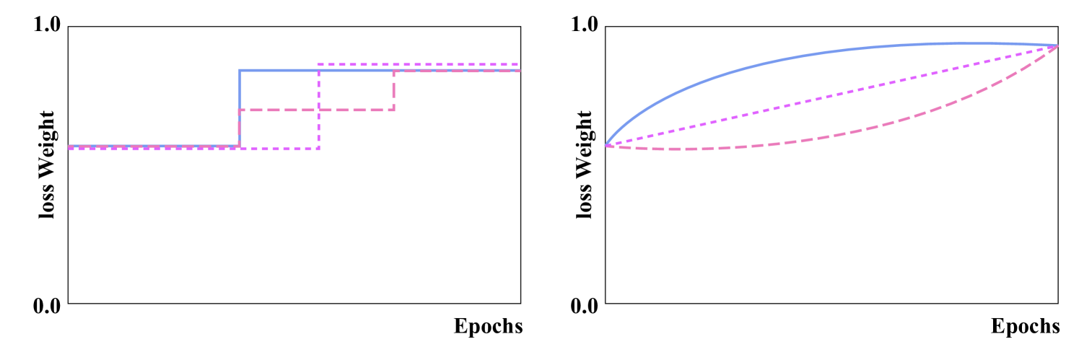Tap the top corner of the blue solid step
(x=240, y=70)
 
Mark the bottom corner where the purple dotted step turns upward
(x=318, y=149)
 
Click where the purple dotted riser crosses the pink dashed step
(x=318, y=110)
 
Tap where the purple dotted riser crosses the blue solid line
(x=318, y=70)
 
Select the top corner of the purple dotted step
(x=318, y=65)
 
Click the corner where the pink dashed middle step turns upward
(x=393, y=110)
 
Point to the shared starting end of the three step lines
(x=70, y=147)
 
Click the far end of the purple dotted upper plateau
(x=517, y=65)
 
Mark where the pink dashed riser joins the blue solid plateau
(x=393, y=71)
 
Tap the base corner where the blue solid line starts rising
(x=240, y=146)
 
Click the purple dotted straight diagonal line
(x=830, y=96)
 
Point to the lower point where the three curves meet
(x=608, y=145)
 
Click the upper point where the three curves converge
(x=1057, y=46)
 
